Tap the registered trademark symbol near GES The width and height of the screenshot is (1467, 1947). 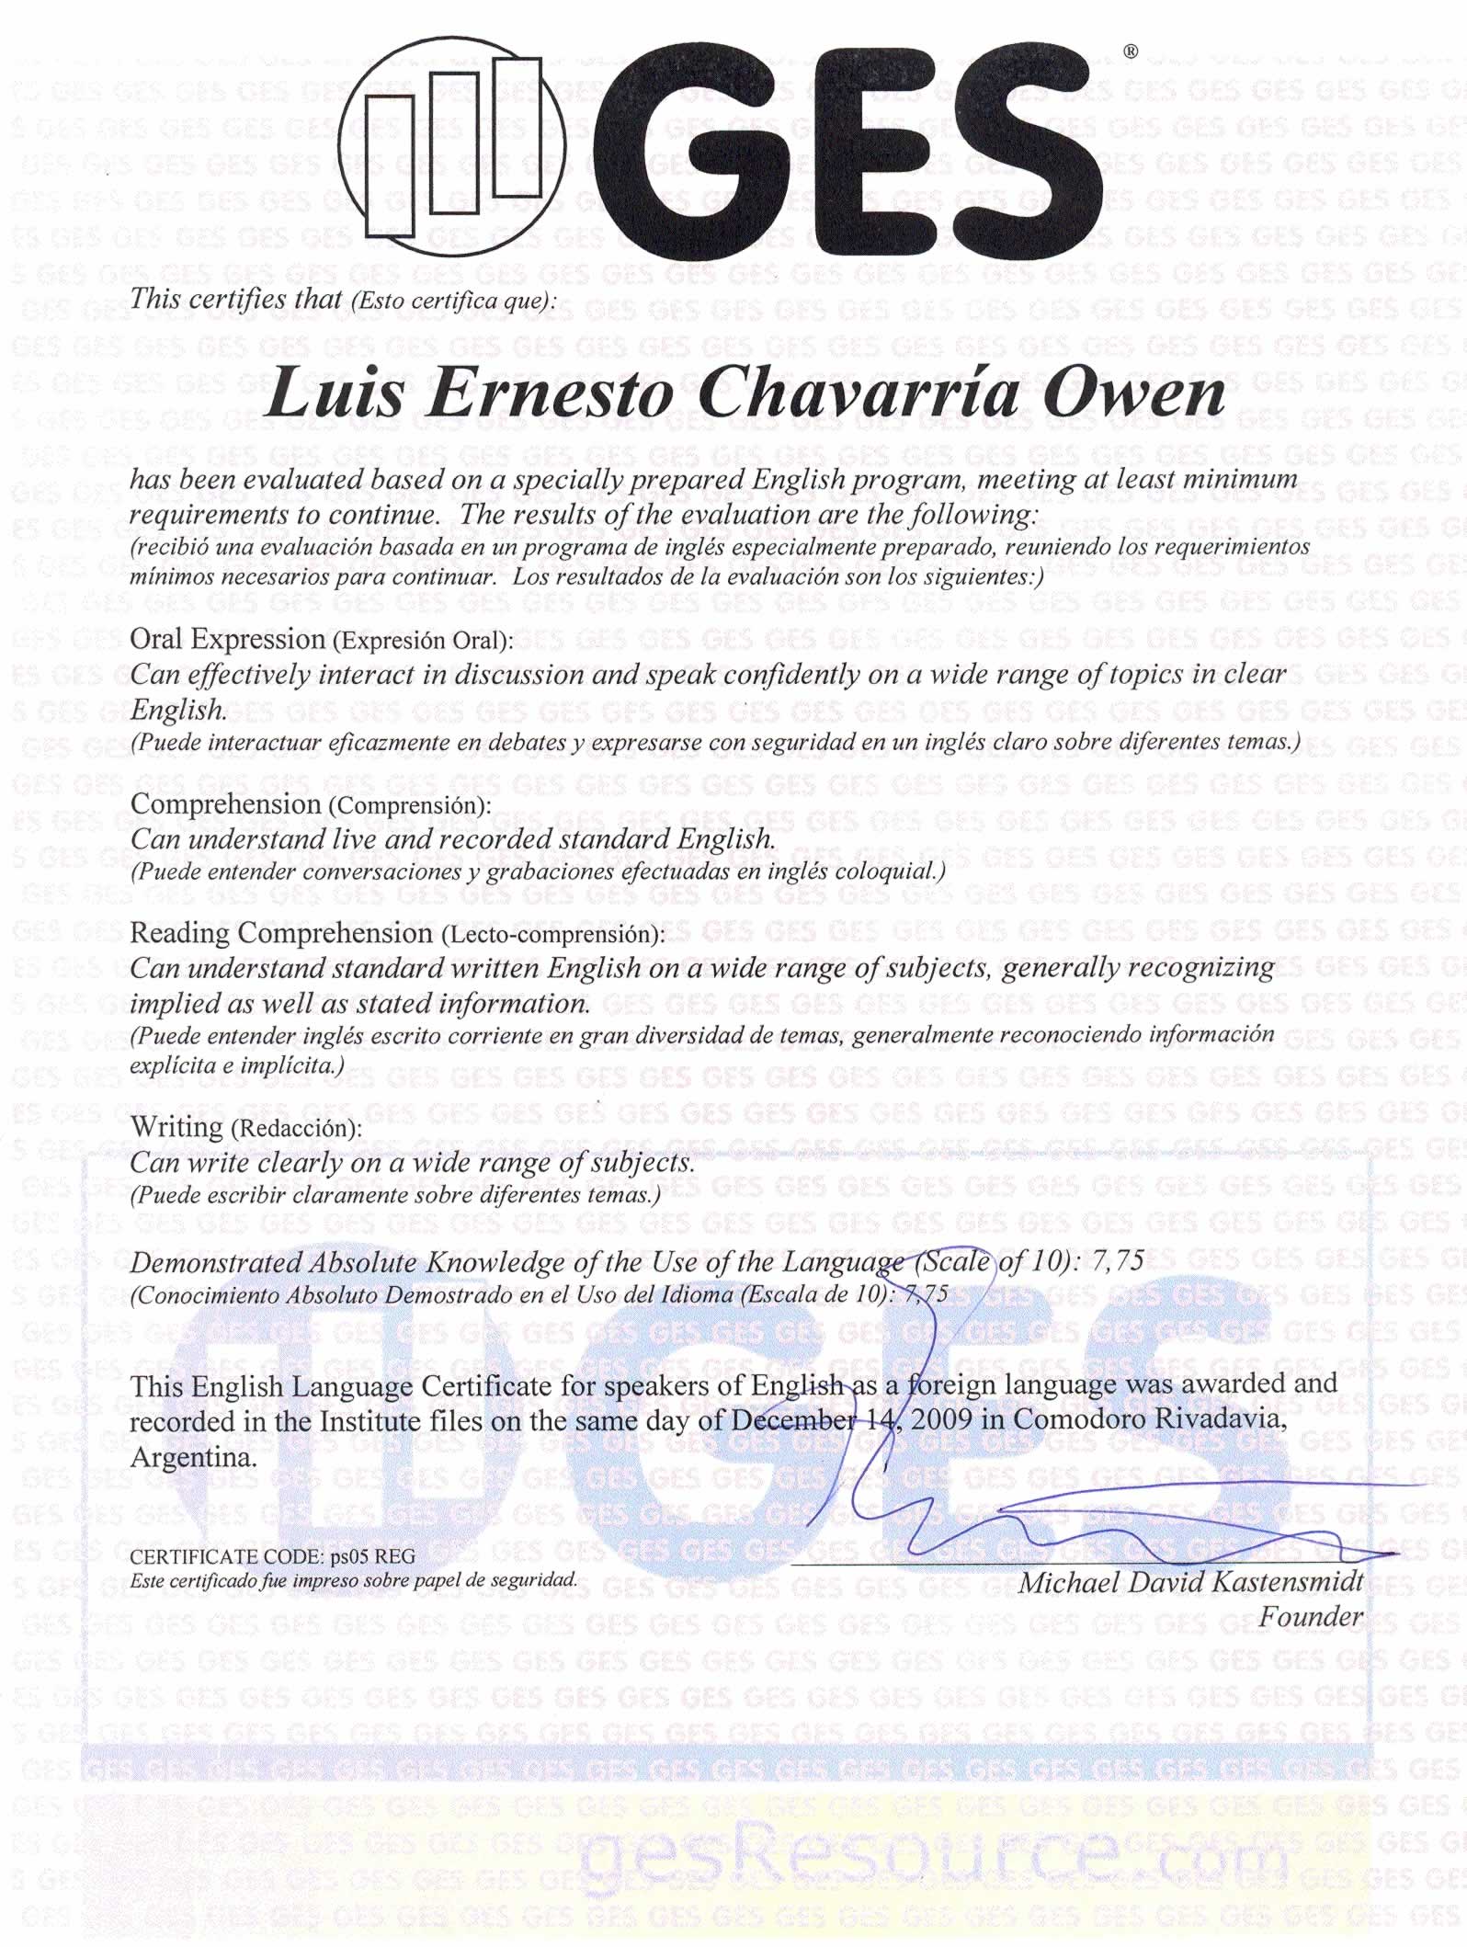pyautogui.click(x=1131, y=52)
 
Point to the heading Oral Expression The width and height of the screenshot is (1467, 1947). pyautogui.click(x=228, y=639)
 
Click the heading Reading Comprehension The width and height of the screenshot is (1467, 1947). pyautogui.click(x=281, y=933)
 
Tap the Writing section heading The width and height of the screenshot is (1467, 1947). pyautogui.click(x=176, y=1127)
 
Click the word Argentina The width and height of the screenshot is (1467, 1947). pyautogui.click(x=193, y=1457)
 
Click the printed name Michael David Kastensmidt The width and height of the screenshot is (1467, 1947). pyautogui.click(x=1191, y=1582)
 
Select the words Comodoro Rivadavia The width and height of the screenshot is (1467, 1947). pyautogui.click(x=1145, y=1418)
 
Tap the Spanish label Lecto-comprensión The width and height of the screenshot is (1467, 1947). pyautogui.click(x=552, y=935)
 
